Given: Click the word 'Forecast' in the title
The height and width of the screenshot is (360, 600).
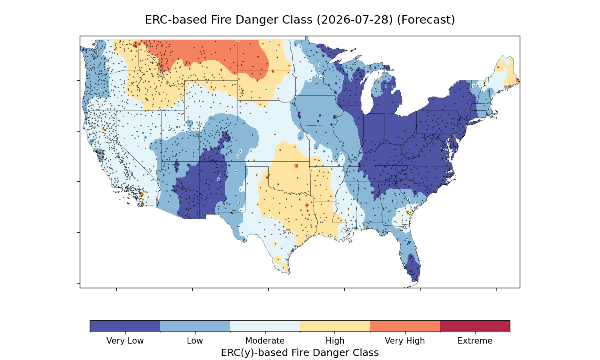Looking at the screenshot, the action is click(x=426, y=20).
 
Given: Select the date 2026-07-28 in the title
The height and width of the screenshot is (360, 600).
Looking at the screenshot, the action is click(x=355, y=20).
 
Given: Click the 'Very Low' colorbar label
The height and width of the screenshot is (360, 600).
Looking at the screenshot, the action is click(x=125, y=341).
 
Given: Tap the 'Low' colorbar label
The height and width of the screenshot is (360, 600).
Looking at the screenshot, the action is click(x=195, y=341).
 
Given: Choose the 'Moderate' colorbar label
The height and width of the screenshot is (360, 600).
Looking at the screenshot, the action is click(x=265, y=341).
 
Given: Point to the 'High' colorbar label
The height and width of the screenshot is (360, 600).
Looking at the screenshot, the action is click(x=335, y=341).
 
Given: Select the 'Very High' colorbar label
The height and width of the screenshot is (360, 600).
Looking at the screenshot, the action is click(x=405, y=341).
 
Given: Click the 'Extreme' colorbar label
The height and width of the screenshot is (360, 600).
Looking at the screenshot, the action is click(x=475, y=341).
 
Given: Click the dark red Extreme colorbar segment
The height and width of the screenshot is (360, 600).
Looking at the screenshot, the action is click(x=475, y=326).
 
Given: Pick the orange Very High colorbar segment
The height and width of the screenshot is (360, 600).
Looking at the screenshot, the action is click(x=405, y=326).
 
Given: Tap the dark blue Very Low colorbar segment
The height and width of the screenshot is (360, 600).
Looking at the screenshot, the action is click(x=125, y=326).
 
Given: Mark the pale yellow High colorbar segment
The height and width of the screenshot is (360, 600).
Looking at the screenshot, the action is click(x=335, y=326).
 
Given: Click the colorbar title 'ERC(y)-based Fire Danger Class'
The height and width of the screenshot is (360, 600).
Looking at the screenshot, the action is click(x=300, y=352).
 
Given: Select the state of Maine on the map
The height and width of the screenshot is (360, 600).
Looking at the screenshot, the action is click(x=505, y=72).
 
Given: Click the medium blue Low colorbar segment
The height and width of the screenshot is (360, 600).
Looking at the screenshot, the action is click(x=195, y=326).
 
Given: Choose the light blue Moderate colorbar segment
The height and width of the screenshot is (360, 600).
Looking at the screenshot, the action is click(x=265, y=326).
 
